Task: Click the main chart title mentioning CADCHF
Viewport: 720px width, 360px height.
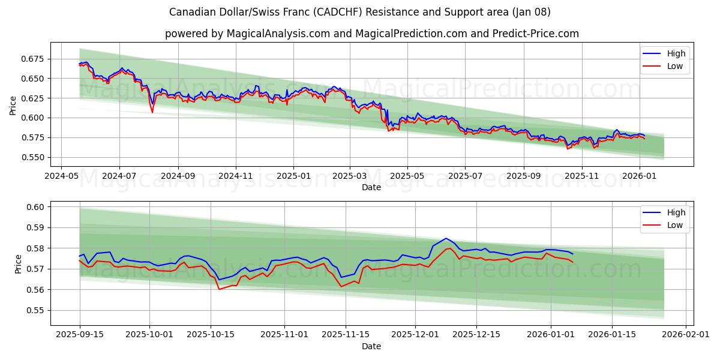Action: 360,12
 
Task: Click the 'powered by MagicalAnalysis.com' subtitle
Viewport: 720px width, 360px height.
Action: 372,34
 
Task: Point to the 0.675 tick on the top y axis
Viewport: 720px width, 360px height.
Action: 33,59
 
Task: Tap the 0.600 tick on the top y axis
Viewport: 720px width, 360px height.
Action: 33,118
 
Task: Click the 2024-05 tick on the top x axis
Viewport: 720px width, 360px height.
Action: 61,176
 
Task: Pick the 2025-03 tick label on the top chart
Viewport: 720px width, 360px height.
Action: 350,176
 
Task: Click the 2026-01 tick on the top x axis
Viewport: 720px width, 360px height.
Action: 640,176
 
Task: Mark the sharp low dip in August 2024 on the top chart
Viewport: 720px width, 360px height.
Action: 152,112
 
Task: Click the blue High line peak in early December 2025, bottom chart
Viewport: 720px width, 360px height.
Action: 446,238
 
